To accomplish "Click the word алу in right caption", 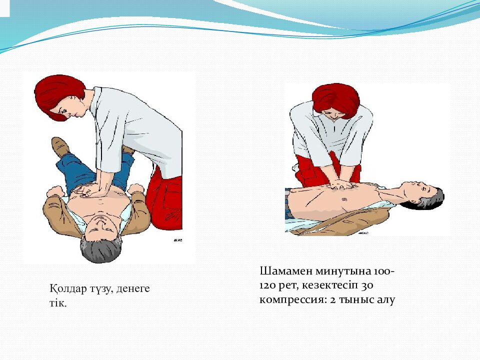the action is coord(385,300).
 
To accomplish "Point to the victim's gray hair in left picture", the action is coord(100,250).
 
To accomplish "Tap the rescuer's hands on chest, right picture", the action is coord(342,184).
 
